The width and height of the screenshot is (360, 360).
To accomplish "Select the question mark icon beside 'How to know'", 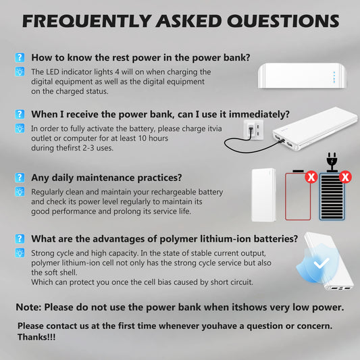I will tap(20, 58).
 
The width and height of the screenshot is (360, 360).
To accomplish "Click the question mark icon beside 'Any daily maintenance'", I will tap(20, 178).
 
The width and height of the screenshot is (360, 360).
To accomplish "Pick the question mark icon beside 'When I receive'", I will tap(20, 114).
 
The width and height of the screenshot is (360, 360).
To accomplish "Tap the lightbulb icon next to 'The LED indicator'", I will tap(20, 72).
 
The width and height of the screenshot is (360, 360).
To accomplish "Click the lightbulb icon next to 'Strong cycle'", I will tap(20, 253).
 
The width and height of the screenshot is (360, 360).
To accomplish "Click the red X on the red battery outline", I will tap(311, 178).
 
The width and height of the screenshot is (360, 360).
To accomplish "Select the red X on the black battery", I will tap(346, 178).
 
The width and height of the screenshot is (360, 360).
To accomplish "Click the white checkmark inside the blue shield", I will tap(322, 262).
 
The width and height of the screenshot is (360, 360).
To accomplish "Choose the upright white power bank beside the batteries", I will tap(263, 195).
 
